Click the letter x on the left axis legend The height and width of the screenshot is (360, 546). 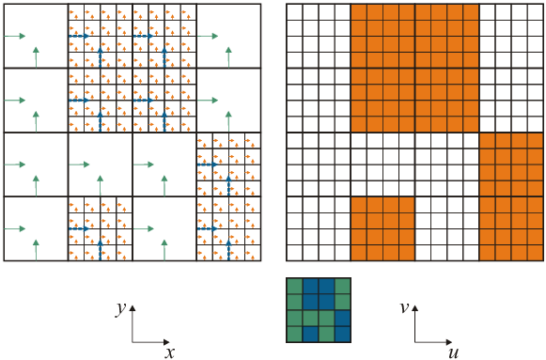(x=170, y=352)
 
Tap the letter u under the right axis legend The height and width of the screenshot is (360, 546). (x=453, y=352)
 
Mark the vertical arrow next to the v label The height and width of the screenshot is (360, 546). (x=416, y=322)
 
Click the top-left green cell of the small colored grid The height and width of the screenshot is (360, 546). (x=294, y=286)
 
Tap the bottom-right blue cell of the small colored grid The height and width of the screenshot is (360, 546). (x=342, y=334)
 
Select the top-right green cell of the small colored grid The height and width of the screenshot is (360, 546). (x=342, y=286)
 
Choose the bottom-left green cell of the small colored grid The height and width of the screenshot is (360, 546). (x=294, y=334)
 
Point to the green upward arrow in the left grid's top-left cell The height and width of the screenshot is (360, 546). (x=36, y=56)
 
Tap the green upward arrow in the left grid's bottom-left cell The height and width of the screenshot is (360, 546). (x=36, y=249)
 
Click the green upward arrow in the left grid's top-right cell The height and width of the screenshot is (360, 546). (x=228, y=56)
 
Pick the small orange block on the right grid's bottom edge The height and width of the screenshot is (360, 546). (x=382, y=228)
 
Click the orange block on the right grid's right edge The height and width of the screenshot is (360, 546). (x=511, y=196)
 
